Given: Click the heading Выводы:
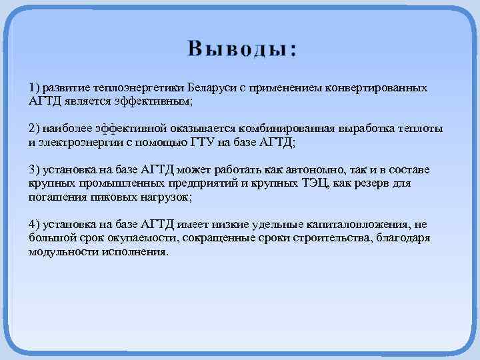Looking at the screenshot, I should (243, 49).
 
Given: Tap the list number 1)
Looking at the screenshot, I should (35, 88).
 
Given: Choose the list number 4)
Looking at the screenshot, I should (35, 223).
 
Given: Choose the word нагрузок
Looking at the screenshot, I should (165, 197).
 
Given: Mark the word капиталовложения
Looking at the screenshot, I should (363, 223).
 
